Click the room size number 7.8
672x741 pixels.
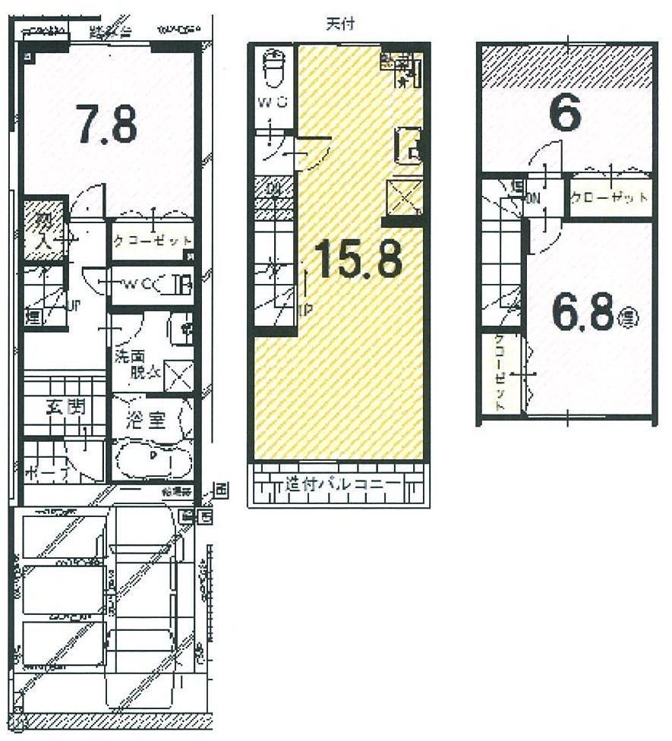point(106,125)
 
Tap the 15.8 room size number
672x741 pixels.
point(357,260)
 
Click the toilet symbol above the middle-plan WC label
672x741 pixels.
point(273,70)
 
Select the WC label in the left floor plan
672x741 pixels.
point(137,284)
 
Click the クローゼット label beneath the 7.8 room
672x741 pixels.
point(153,241)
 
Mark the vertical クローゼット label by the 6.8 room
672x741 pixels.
point(500,372)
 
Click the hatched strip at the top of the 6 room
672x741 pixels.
point(566,65)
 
